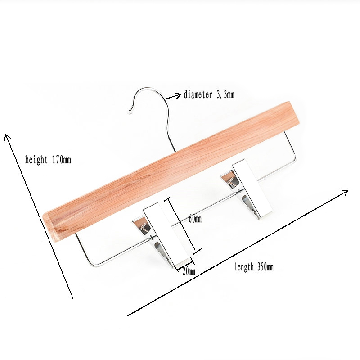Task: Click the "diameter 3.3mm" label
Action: tap(209, 94)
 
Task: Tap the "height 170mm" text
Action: tap(48, 160)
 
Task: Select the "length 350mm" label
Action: tap(254, 267)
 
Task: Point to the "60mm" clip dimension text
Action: tap(195, 219)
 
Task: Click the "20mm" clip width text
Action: tap(189, 271)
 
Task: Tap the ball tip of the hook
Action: tap(130, 112)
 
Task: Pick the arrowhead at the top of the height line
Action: tap(7, 136)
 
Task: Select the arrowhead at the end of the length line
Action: tap(345, 192)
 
